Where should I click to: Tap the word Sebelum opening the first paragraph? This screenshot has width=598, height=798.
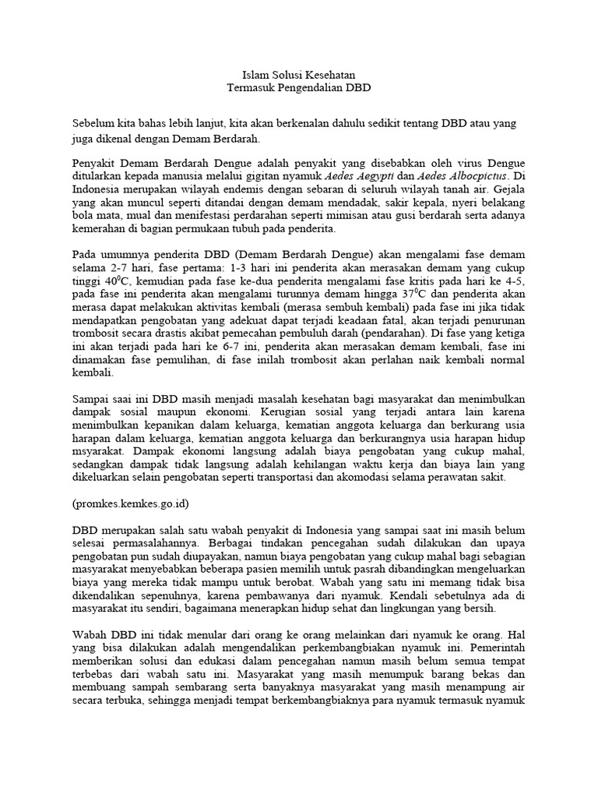pos(93,125)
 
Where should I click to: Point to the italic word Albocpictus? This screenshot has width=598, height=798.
pos(456,177)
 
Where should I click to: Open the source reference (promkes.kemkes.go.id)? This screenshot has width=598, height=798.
pos(130,503)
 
